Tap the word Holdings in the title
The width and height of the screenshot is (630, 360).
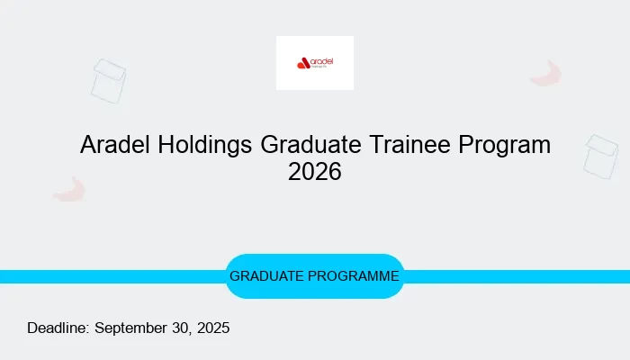[206, 144]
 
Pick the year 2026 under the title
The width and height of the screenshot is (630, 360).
[315, 171]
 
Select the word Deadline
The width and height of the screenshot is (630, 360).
[58, 328]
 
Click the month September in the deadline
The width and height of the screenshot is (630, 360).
[134, 328]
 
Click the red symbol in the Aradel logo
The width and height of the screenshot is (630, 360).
[303, 63]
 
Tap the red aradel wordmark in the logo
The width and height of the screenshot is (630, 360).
[322, 61]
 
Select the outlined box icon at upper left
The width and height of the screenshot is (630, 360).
[109, 81]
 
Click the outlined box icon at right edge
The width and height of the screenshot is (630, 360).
[601, 156]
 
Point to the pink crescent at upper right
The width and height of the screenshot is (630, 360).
[546, 74]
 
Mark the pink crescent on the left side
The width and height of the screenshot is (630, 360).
[69, 189]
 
